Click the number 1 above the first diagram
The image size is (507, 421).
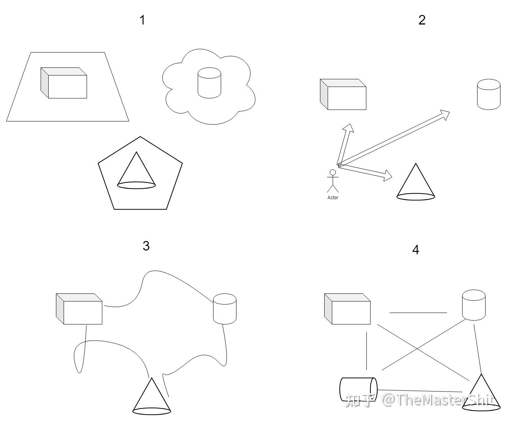tap(143, 20)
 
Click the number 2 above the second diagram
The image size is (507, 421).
tap(422, 20)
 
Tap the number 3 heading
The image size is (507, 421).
tap(146, 246)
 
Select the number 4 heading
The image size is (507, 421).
tap(416, 250)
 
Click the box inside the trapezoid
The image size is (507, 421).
tap(64, 83)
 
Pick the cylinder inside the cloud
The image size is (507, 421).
tap(209, 83)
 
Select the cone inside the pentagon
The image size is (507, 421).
tap(136, 170)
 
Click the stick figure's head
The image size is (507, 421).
tap(333, 172)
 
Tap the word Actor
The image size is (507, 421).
tap(333, 198)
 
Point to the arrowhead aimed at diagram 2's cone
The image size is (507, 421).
tap(387, 175)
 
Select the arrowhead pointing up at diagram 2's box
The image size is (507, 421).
tap(349, 128)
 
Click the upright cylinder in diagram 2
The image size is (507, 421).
tap(489, 94)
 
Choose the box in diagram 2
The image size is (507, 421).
tap(343, 94)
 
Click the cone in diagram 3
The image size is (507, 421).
tap(152, 396)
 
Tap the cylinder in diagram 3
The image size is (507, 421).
tap(225, 309)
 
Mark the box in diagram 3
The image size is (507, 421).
tap(79, 309)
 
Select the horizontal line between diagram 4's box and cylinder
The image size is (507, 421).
tap(418, 313)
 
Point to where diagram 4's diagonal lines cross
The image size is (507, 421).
tap(417, 349)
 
